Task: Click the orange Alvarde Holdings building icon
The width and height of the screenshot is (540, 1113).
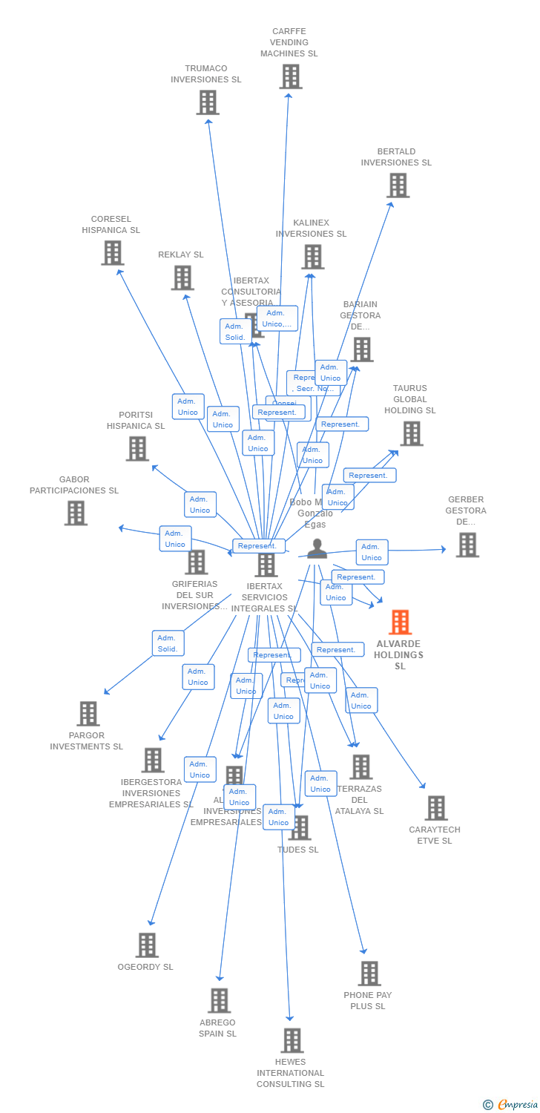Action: (x=400, y=622)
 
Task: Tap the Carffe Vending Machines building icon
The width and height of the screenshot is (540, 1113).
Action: (x=290, y=76)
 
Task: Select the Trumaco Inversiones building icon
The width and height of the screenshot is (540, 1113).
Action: (x=208, y=102)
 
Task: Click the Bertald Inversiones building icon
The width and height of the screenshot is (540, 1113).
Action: (x=398, y=185)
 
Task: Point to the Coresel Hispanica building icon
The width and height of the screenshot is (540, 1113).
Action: (x=112, y=253)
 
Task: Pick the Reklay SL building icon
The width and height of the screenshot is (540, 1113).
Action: (x=182, y=278)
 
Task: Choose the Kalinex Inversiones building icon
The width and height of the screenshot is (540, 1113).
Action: (x=312, y=257)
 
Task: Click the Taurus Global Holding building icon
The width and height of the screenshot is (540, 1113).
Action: (x=411, y=433)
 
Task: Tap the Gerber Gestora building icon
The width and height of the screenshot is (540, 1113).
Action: (x=467, y=545)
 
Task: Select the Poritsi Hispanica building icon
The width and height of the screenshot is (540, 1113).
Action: (x=137, y=448)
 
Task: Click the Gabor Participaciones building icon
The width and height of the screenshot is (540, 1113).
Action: (x=76, y=513)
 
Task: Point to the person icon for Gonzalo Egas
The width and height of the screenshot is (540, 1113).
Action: (x=317, y=548)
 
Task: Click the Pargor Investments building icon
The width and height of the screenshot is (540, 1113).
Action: (x=88, y=713)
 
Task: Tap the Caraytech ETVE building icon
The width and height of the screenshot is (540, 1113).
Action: (x=436, y=808)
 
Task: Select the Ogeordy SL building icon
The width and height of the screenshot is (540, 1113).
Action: (x=147, y=945)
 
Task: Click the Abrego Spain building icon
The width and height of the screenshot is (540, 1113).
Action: (x=219, y=1000)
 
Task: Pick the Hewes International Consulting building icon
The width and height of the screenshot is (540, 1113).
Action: (x=292, y=1040)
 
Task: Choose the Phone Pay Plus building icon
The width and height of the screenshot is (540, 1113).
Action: (x=369, y=973)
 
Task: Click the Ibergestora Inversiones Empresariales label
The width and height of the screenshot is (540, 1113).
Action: (x=151, y=793)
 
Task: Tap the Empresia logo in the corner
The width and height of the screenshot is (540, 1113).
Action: (x=511, y=1105)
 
